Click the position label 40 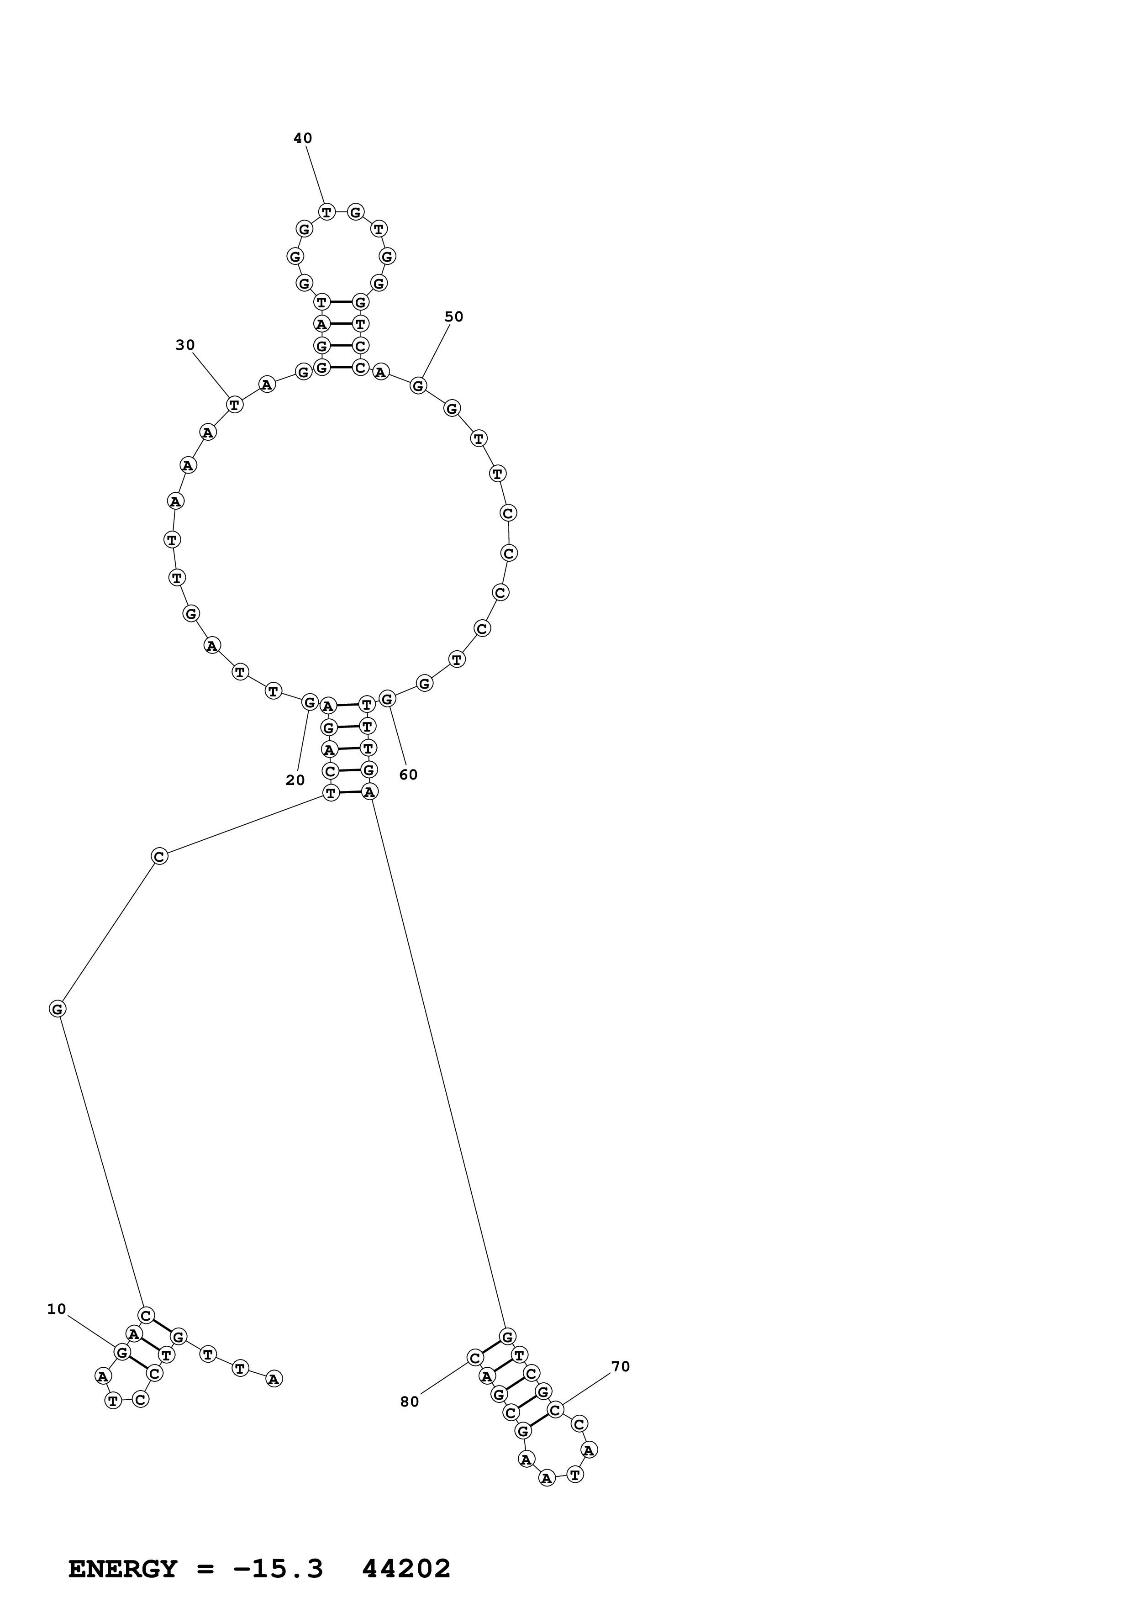coord(303,138)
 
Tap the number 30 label coord(185,345)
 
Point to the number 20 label coord(295,780)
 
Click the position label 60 coord(408,775)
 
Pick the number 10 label coord(57,1309)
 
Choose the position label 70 coord(620,1366)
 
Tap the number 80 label coord(410,1402)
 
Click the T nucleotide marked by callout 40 coord(326,211)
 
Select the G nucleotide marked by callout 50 coord(418,385)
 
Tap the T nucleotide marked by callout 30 coord(235,404)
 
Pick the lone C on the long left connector coord(160,856)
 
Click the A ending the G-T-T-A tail coord(274,1378)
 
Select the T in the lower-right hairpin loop coord(575,1474)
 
